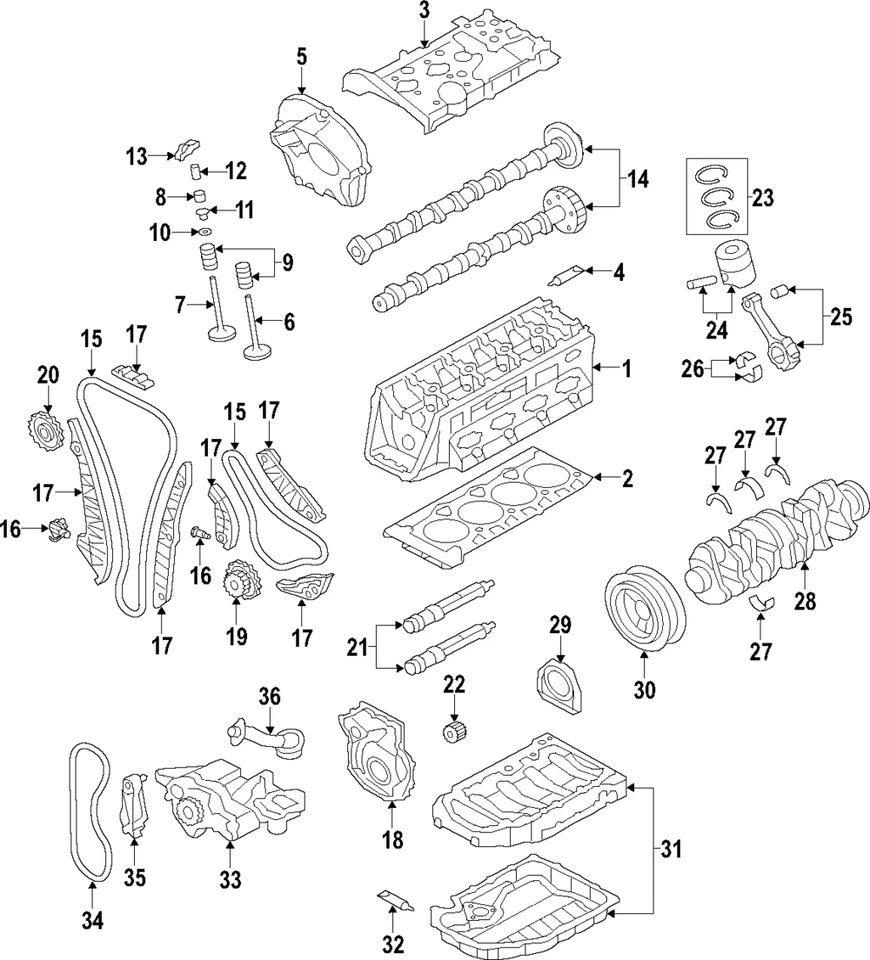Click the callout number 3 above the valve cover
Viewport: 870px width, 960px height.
click(x=424, y=12)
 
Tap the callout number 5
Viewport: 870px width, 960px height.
click(x=301, y=57)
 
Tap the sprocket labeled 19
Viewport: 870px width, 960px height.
click(x=238, y=582)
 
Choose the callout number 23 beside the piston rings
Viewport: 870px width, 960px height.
click(x=762, y=198)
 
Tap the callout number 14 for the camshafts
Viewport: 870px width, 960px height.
click(x=637, y=180)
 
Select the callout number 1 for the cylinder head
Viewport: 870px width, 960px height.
click(x=627, y=370)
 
